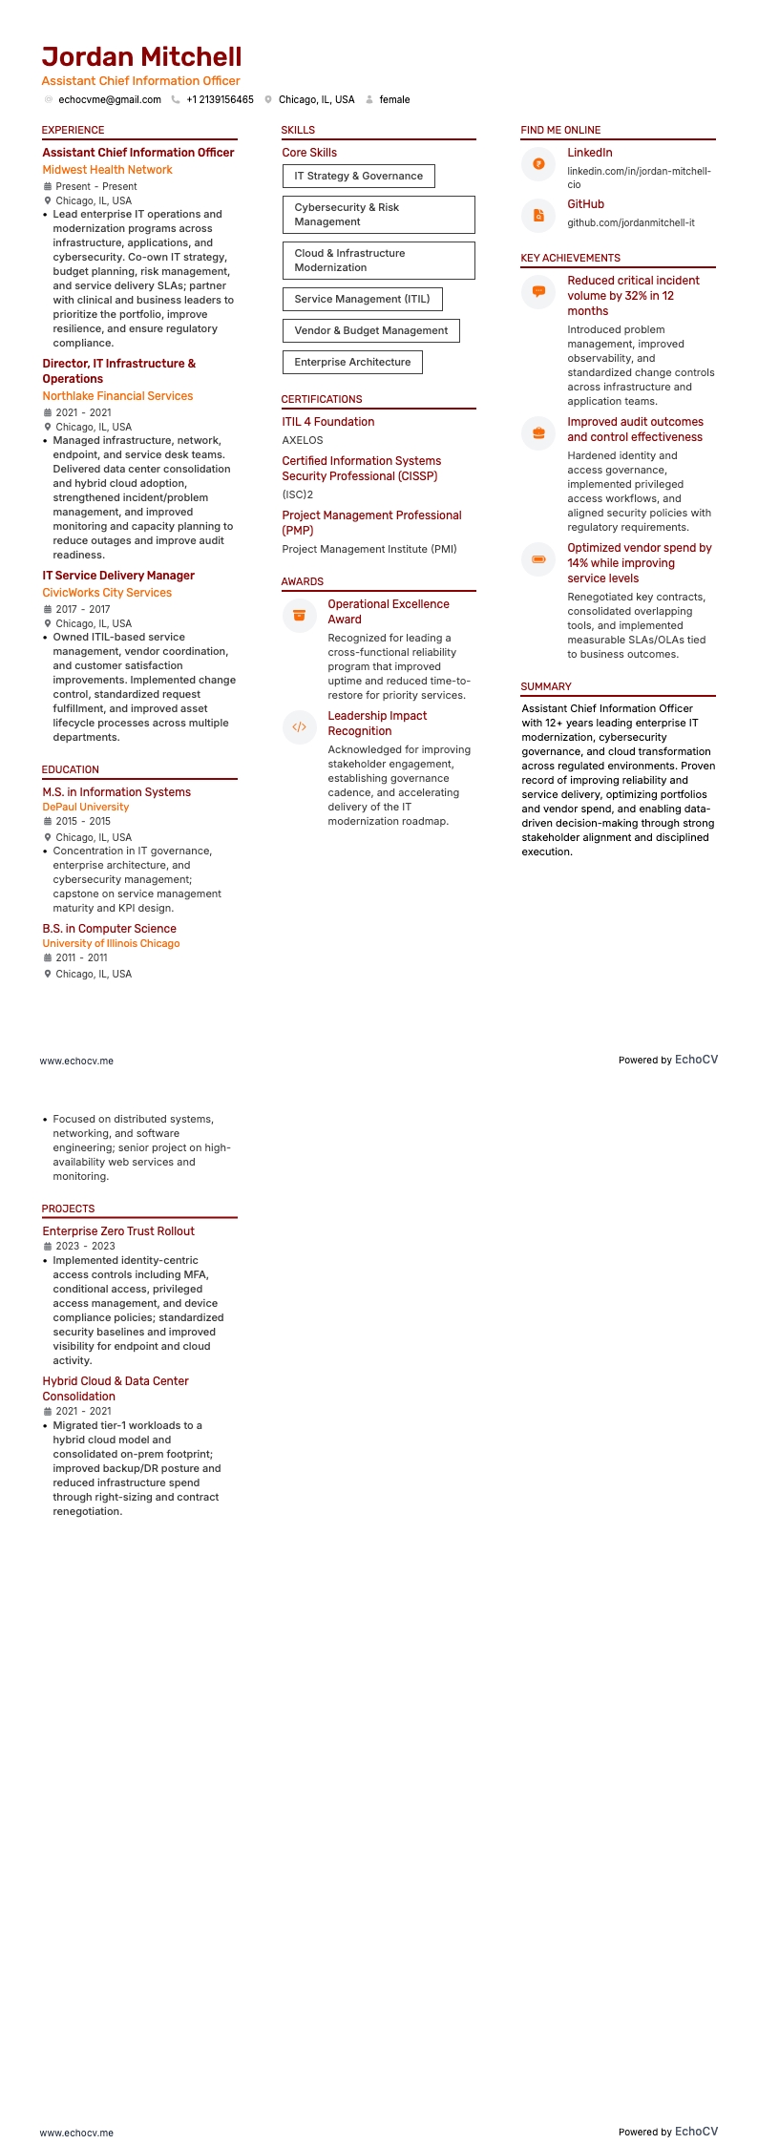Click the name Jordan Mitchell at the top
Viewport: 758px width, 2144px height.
tap(141, 57)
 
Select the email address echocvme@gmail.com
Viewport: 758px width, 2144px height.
tap(109, 99)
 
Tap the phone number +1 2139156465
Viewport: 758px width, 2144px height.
tap(220, 99)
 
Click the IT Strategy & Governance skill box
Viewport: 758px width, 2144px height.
tap(358, 176)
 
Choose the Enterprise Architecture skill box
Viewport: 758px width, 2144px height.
tap(352, 362)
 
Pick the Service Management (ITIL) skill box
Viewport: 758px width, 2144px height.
tap(362, 299)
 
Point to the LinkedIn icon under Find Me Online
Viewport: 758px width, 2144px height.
tap(538, 164)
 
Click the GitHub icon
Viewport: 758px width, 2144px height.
tap(538, 216)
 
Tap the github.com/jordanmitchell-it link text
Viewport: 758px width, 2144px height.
tap(630, 222)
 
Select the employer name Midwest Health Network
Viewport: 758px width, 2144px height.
tap(107, 170)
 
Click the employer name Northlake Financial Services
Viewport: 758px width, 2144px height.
tap(117, 396)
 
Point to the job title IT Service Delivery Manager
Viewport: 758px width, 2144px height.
tap(118, 576)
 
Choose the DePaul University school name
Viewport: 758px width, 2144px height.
tap(86, 807)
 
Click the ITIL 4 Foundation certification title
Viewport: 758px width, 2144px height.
tap(327, 422)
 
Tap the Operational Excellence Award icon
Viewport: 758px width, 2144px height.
tap(299, 616)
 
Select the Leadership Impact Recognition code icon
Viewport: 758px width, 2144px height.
tap(299, 727)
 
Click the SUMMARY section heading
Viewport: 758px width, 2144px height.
tap(546, 686)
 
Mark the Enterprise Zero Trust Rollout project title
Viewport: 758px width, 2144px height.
tap(118, 1231)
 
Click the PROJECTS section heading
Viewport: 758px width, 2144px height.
tap(68, 1209)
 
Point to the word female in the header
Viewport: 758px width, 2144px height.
tap(394, 99)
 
